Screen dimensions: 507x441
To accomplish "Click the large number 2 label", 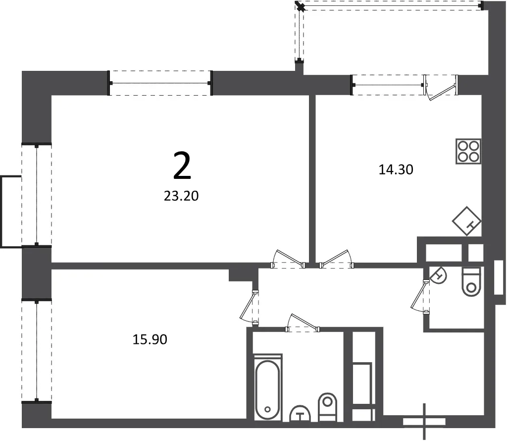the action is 182,166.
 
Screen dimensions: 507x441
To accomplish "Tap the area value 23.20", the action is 181,196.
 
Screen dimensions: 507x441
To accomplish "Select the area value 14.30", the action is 396,169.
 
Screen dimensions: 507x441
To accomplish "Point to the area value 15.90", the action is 150,339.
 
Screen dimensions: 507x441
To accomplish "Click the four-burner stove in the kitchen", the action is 468,152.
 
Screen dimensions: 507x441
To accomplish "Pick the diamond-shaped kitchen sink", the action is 466,221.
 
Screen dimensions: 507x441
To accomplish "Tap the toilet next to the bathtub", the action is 328,407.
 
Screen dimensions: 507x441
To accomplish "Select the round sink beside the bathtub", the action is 300,414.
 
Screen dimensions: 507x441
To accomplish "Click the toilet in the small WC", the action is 472,281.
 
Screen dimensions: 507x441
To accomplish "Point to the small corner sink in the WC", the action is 438,276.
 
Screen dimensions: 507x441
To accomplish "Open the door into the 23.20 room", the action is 288,259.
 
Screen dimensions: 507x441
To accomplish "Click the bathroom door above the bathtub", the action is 303,323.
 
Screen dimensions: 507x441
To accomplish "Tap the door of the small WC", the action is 420,296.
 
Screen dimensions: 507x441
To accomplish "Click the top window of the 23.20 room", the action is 160,83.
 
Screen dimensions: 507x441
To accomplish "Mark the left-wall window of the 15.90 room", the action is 37,351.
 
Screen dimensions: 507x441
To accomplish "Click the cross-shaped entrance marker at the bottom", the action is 424,421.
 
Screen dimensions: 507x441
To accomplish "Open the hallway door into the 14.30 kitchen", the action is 337,259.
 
